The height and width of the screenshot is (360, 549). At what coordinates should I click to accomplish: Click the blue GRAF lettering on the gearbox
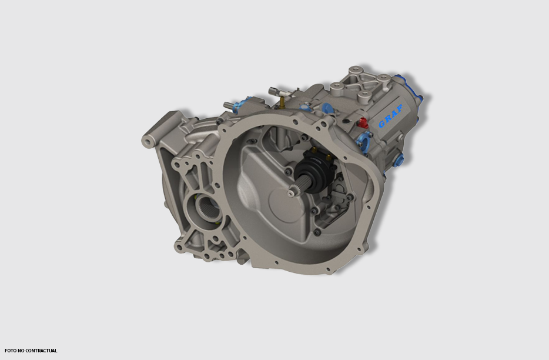coord(390,116)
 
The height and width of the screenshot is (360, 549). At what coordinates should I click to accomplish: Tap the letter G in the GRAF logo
coord(382,124)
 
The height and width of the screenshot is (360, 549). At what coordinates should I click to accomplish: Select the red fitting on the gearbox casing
coord(363,122)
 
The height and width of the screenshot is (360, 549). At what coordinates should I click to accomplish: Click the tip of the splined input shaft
coord(292,193)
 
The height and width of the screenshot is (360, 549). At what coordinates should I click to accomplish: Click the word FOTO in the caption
coord(11,351)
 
